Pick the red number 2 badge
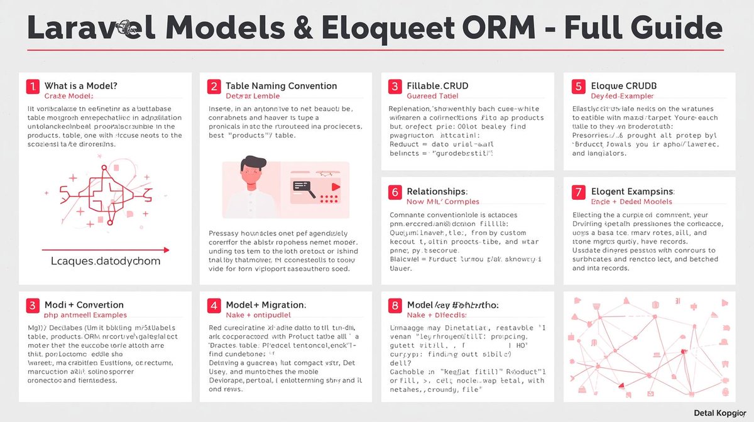coord(214,86)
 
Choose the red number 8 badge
coord(395,305)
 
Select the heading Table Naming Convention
coord(281,85)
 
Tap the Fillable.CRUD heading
coord(437,85)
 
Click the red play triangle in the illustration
coord(336,186)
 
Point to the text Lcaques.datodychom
coord(105,261)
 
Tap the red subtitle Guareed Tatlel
coord(432,96)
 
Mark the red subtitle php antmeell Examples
coord(85,315)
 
